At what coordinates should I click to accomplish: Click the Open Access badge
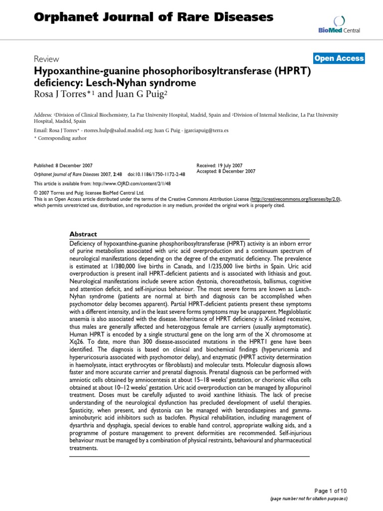(339, 58)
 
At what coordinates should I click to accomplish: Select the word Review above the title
(46, 59)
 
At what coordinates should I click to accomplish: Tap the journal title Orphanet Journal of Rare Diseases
(154, 17)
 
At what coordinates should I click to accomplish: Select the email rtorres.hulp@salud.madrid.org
(118, 130)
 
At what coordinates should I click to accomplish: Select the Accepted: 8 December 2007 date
(226, 171)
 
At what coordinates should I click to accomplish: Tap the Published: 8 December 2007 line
(63, 165)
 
